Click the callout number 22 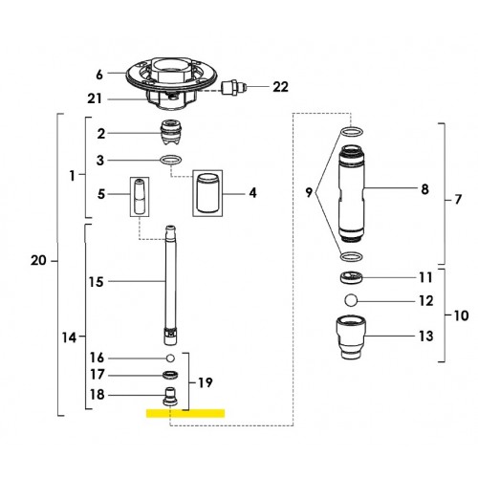(x=280, y=87)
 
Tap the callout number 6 (x=99, y=75)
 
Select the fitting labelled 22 (x=234, y=87)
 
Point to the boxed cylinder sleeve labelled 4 (x=207, y=193)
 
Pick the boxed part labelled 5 (x=140, y=197)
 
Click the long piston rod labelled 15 (x=171, y=285)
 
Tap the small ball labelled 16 (x=170, y=358)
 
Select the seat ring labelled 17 (x=170, y=375)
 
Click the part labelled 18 (x=170, y=397)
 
